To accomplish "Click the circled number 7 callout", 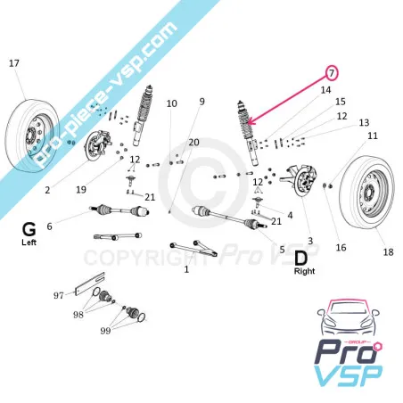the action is pos(332,73).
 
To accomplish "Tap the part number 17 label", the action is pos(14,63).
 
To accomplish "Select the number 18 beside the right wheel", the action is pos(388,252).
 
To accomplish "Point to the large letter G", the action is pos(29,230).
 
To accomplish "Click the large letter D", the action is pos(300,259).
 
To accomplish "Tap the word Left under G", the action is pos(29,243).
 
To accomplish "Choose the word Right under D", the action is pos(304,271).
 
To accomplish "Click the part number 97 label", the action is pos(59,296).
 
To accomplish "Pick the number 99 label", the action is pos(105,331).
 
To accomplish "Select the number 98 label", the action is pos(78,315).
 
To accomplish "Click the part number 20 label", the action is pos(193,143).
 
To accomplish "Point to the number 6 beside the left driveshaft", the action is pos(49,226).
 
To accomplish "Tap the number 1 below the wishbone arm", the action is pos(186,269).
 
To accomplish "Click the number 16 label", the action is pos(341,248).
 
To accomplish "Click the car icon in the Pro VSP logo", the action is pos(349,317).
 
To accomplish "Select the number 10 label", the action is pos(171,103).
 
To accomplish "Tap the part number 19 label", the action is pos(81,190).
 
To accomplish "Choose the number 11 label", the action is pos(373,136).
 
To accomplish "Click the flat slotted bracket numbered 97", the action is pos(90,283).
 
